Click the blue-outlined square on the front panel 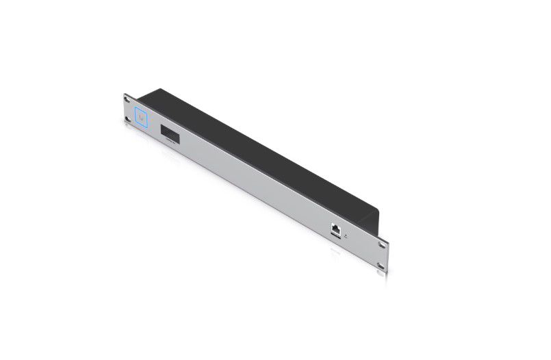142,118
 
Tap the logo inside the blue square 142,118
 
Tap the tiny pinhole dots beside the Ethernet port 346,235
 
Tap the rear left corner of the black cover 161,88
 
